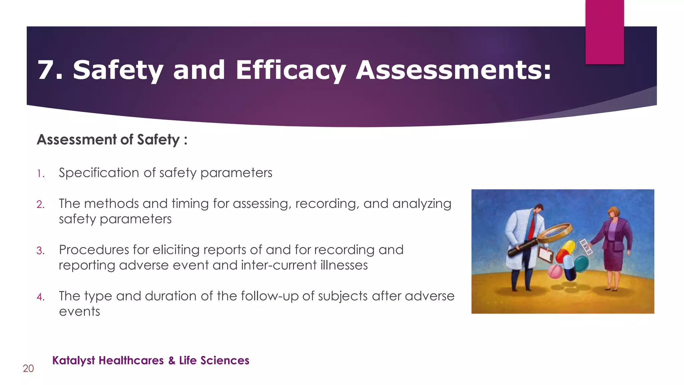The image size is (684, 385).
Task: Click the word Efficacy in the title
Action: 290,71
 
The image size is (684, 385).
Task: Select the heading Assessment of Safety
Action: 112,140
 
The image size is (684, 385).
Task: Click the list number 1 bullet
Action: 40,174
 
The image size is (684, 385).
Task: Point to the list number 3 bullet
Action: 40,251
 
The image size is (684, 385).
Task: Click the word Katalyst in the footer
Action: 73,361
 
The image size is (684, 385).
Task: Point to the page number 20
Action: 28,369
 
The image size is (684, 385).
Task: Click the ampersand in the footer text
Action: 172,361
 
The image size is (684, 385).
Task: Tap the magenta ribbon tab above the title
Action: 605,32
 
